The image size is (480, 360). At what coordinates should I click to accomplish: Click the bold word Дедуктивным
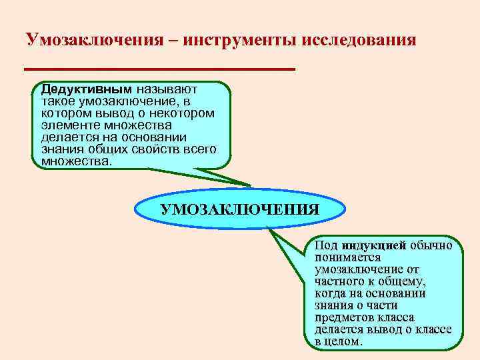(x=87, y=89)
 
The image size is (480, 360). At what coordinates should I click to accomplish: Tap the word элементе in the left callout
(x=67, y=125)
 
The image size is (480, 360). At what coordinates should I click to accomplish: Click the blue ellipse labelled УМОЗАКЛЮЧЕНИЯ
(x=240, y=209)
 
